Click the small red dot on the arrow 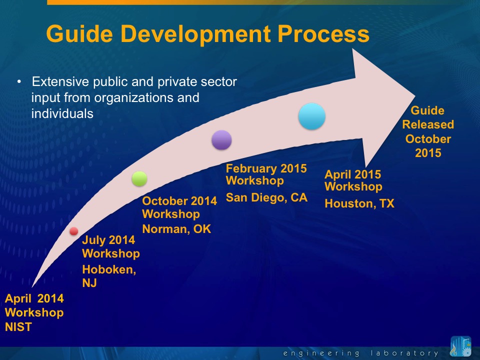pyautogui.click(x=74, y=231)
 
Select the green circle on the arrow pyautogui.click(x=139, y=179)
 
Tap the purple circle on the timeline pyautogui.click(x=221, y=140)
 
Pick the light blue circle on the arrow pyautogui.click(x=312, y=116)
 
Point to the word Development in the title pyautogui.click(x=196, y=34)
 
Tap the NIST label pyautogui.click(x=18, y=327)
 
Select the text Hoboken pyautogui.click(x=109, y=269)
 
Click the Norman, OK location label pyautogui.click(x=176, y=229)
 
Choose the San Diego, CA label pyautogui.click(x=266, y=197)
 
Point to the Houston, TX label pyautogui.click(x=359, y=203)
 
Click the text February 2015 pyautogui.click(x=266, y=168)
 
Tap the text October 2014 pyautogui.click(x=179, y=201)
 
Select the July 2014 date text pyautogui.click(x=108, y=240)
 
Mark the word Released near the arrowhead pyautogui.click(x=428, y=124)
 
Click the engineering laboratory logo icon pyautogui.click(x=460, y=346)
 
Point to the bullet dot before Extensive pyautogui.click(x=19, y=81)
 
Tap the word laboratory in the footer pyautogui.click(x=404, y=353)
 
